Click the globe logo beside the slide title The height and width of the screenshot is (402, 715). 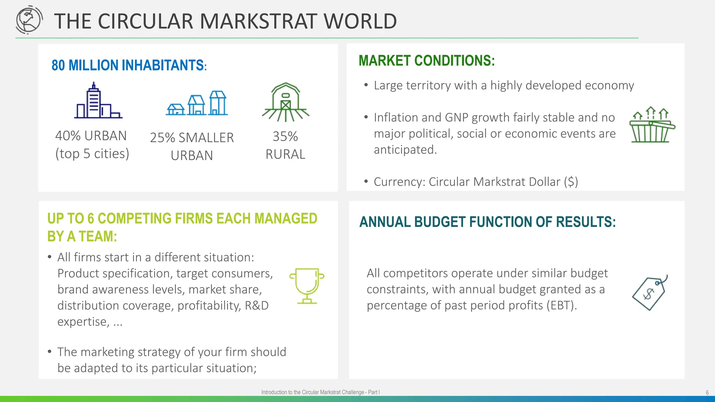29,20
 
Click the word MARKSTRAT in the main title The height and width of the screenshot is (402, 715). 259,21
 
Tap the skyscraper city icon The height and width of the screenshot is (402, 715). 98,101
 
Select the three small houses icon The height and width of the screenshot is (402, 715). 197,104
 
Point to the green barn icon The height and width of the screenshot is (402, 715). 286,102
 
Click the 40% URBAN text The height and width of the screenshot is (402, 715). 91,136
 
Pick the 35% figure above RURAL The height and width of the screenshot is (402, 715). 285,136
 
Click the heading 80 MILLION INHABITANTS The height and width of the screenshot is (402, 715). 129,65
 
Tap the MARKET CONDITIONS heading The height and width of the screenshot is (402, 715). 427,61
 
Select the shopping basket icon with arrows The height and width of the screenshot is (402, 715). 651,125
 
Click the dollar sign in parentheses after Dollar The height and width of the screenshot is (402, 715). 571,182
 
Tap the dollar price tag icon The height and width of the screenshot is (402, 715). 650,292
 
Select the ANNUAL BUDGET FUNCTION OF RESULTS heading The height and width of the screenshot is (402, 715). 487,222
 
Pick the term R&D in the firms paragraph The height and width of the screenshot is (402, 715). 257,305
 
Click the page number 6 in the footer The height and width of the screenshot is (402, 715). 707,393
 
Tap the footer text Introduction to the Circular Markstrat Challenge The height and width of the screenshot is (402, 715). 320,392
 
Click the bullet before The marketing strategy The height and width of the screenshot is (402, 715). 50,351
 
